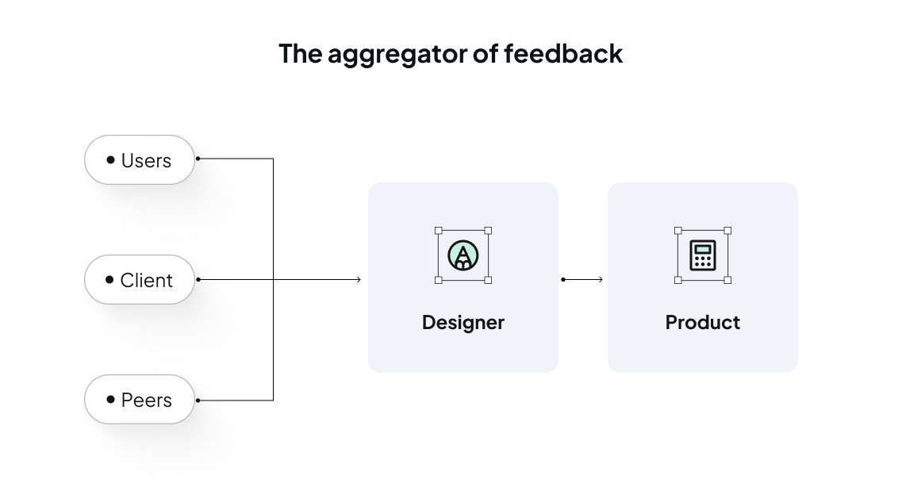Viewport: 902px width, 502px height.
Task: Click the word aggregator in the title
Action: (x=404, y=54)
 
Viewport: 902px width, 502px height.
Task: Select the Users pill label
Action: (x=146, y=161)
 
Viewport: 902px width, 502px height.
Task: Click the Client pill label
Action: (x=146, y=281)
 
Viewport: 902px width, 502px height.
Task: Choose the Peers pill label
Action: (x=147, y=400)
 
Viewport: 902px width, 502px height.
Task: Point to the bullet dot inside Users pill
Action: (x=110, y=160)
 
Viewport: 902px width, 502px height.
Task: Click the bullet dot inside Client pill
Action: (x=109, y=280)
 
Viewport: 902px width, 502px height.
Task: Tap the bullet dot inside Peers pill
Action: (x=110, y=400)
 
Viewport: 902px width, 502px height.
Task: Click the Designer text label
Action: (x=463, y=323)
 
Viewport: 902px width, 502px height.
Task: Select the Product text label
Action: (x=703, y=323)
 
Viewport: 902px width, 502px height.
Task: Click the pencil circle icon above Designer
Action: (x=463, y=255)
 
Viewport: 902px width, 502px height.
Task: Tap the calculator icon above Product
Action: (x=703, y=255)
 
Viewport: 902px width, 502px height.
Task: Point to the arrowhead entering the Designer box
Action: (x=359, y=279)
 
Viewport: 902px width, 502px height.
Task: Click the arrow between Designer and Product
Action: (x=583, y=279)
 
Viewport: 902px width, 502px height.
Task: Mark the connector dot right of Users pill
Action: (x=198, y=159)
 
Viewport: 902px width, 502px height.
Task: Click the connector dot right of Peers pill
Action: (x=198, y=400)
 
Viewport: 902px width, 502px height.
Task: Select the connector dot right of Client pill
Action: (x=198, y=279)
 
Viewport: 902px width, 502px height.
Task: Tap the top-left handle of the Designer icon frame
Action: (x=439, y=231)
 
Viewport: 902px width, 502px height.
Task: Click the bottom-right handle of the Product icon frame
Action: (x=727, y=280)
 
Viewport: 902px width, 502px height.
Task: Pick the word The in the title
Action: (x=300, y=53)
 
